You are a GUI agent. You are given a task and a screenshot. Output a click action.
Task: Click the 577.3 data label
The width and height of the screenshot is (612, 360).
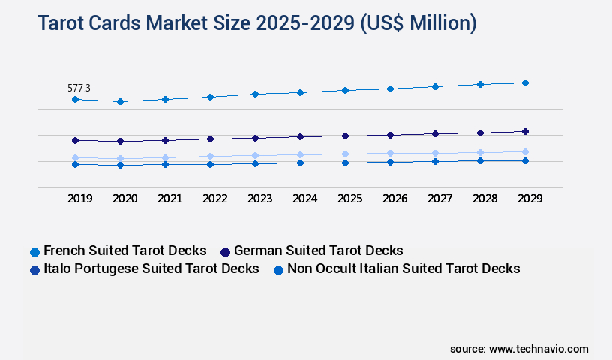(x=79, y=88)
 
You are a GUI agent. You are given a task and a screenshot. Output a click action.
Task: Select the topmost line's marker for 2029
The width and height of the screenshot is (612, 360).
(x=525, y=82)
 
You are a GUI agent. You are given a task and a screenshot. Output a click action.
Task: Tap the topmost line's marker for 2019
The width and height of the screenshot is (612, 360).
(x=75, y=99)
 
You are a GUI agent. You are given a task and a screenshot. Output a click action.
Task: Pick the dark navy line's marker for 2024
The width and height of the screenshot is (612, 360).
(x=300, y=136)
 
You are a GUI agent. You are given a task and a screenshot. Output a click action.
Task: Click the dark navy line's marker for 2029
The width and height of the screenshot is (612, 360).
(x=525, y=131)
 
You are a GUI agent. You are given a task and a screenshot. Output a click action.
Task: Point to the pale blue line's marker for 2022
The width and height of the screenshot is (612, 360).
(x=210, y=156)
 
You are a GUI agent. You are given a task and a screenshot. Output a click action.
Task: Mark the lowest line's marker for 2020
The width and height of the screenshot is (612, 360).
(x=120, y=165)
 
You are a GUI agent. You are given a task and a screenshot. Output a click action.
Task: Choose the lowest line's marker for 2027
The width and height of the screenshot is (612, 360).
(x=435, y=161)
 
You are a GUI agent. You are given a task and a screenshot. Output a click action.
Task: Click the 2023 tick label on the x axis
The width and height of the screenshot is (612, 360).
(x=259, y=199)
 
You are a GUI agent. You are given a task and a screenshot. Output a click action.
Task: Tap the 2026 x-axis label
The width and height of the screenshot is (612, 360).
(x=394, y=199)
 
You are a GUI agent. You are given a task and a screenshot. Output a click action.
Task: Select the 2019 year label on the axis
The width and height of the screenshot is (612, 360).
(x=79, y=199)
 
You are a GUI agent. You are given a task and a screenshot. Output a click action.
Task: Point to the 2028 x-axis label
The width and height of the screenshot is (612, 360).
(x=484, y=199)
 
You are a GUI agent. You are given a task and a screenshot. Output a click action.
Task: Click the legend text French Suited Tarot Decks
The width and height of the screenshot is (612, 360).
(x=124, y=250)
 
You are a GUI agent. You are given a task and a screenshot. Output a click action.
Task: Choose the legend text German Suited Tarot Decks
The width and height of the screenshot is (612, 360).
(x=319, y=250)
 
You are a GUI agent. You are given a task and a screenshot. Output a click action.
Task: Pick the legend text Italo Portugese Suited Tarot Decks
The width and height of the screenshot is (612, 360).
(x=151, y=268)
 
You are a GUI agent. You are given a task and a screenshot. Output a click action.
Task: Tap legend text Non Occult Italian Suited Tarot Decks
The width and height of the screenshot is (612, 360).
(x=403, y=268)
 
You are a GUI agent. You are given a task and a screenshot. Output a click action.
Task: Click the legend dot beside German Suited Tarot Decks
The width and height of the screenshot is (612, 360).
(x=225, y=251)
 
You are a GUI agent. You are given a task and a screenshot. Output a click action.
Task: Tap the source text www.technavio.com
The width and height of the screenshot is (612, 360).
(x=538, y=349)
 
